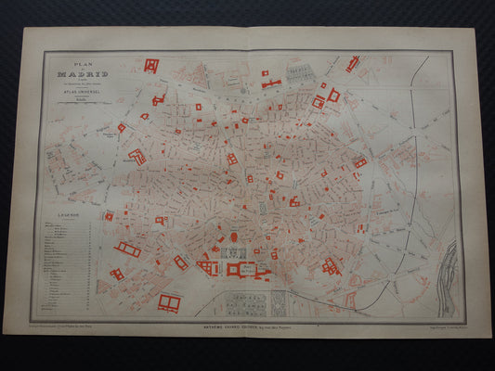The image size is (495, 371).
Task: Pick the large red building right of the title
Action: click(151, 65)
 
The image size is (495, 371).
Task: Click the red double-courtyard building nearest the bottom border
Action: click(169, 301)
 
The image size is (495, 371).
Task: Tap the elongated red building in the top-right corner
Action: click(353, 63)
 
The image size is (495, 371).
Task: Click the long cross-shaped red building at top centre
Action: click(270, 83)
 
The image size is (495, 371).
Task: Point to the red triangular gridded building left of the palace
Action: click(208, 267)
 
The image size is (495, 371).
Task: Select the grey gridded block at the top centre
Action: click(299, 70)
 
